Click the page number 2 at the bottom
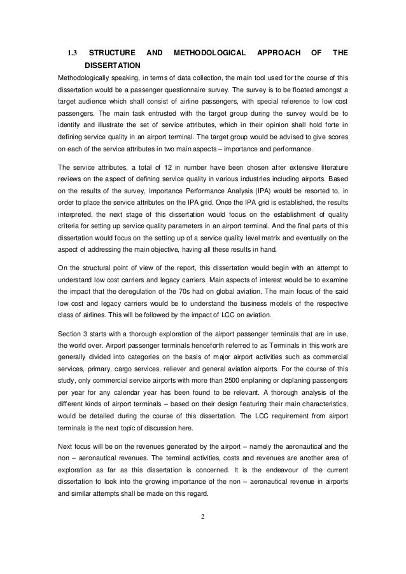click(202, 506)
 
